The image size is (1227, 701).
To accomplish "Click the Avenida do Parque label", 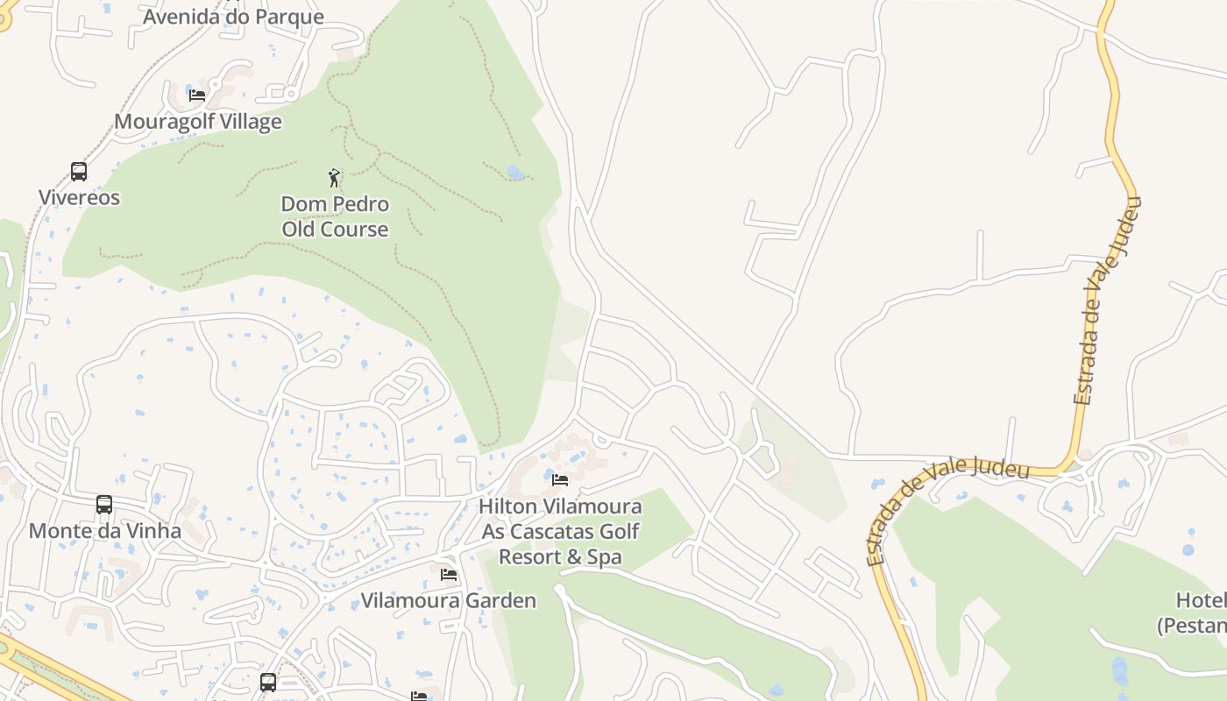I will tap(233, 17).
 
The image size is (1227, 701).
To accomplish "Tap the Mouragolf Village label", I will tap(198, 122).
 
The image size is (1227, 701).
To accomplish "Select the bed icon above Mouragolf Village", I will tap(197, 95).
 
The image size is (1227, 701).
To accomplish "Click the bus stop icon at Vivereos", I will tap(79, 172).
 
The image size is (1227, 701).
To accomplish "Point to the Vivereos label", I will tap(79, 197).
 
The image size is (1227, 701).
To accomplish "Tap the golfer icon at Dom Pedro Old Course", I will tap(334, 179).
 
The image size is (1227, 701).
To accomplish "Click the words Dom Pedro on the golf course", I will tap(335, 204).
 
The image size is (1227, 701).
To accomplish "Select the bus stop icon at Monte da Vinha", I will tap(104, 505).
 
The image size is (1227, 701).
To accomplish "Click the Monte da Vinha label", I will tap(105, 531).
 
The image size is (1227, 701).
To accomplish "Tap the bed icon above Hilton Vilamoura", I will tap(560, 479).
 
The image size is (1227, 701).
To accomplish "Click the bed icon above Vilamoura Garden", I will tap(449, 575).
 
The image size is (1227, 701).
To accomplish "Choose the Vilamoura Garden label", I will tap(449, 601).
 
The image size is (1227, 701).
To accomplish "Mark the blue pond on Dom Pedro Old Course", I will tap(515, 173).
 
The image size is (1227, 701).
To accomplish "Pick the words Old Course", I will tap(335, 230).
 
